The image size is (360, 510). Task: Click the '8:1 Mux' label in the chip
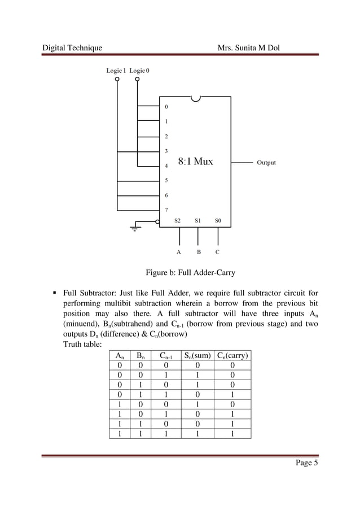coord(196,162)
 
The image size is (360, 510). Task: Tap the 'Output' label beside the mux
coord(266,163)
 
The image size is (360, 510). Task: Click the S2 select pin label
coord(177,220)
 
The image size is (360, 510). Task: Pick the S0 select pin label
coord(218,220)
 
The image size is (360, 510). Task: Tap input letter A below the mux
coord(178,252)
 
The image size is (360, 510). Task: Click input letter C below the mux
coord(218,252)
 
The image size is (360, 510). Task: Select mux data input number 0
coord(166,106)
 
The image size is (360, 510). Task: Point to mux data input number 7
coord(166,210)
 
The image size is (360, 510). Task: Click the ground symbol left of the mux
coord(135,227)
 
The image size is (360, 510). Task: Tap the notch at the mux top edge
coord(196,99)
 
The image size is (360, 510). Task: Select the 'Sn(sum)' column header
coord(197,356)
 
